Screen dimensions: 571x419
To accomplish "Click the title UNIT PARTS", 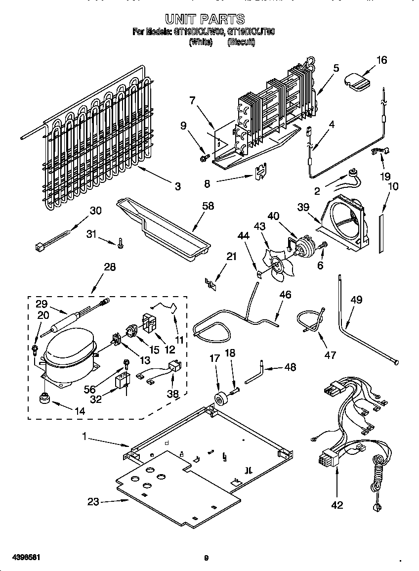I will coord(205,19).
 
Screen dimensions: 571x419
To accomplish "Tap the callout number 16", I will coord(381,60).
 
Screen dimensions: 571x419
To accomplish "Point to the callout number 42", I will coord(337,505).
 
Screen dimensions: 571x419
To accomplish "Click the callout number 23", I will coord(93,502).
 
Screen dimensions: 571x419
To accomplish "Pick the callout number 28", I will coord(110,267).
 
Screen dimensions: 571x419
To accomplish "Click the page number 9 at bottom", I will coord(207,559).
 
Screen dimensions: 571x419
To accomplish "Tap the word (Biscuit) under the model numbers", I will coord(241,43).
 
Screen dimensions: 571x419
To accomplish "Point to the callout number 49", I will coord(356,300).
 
